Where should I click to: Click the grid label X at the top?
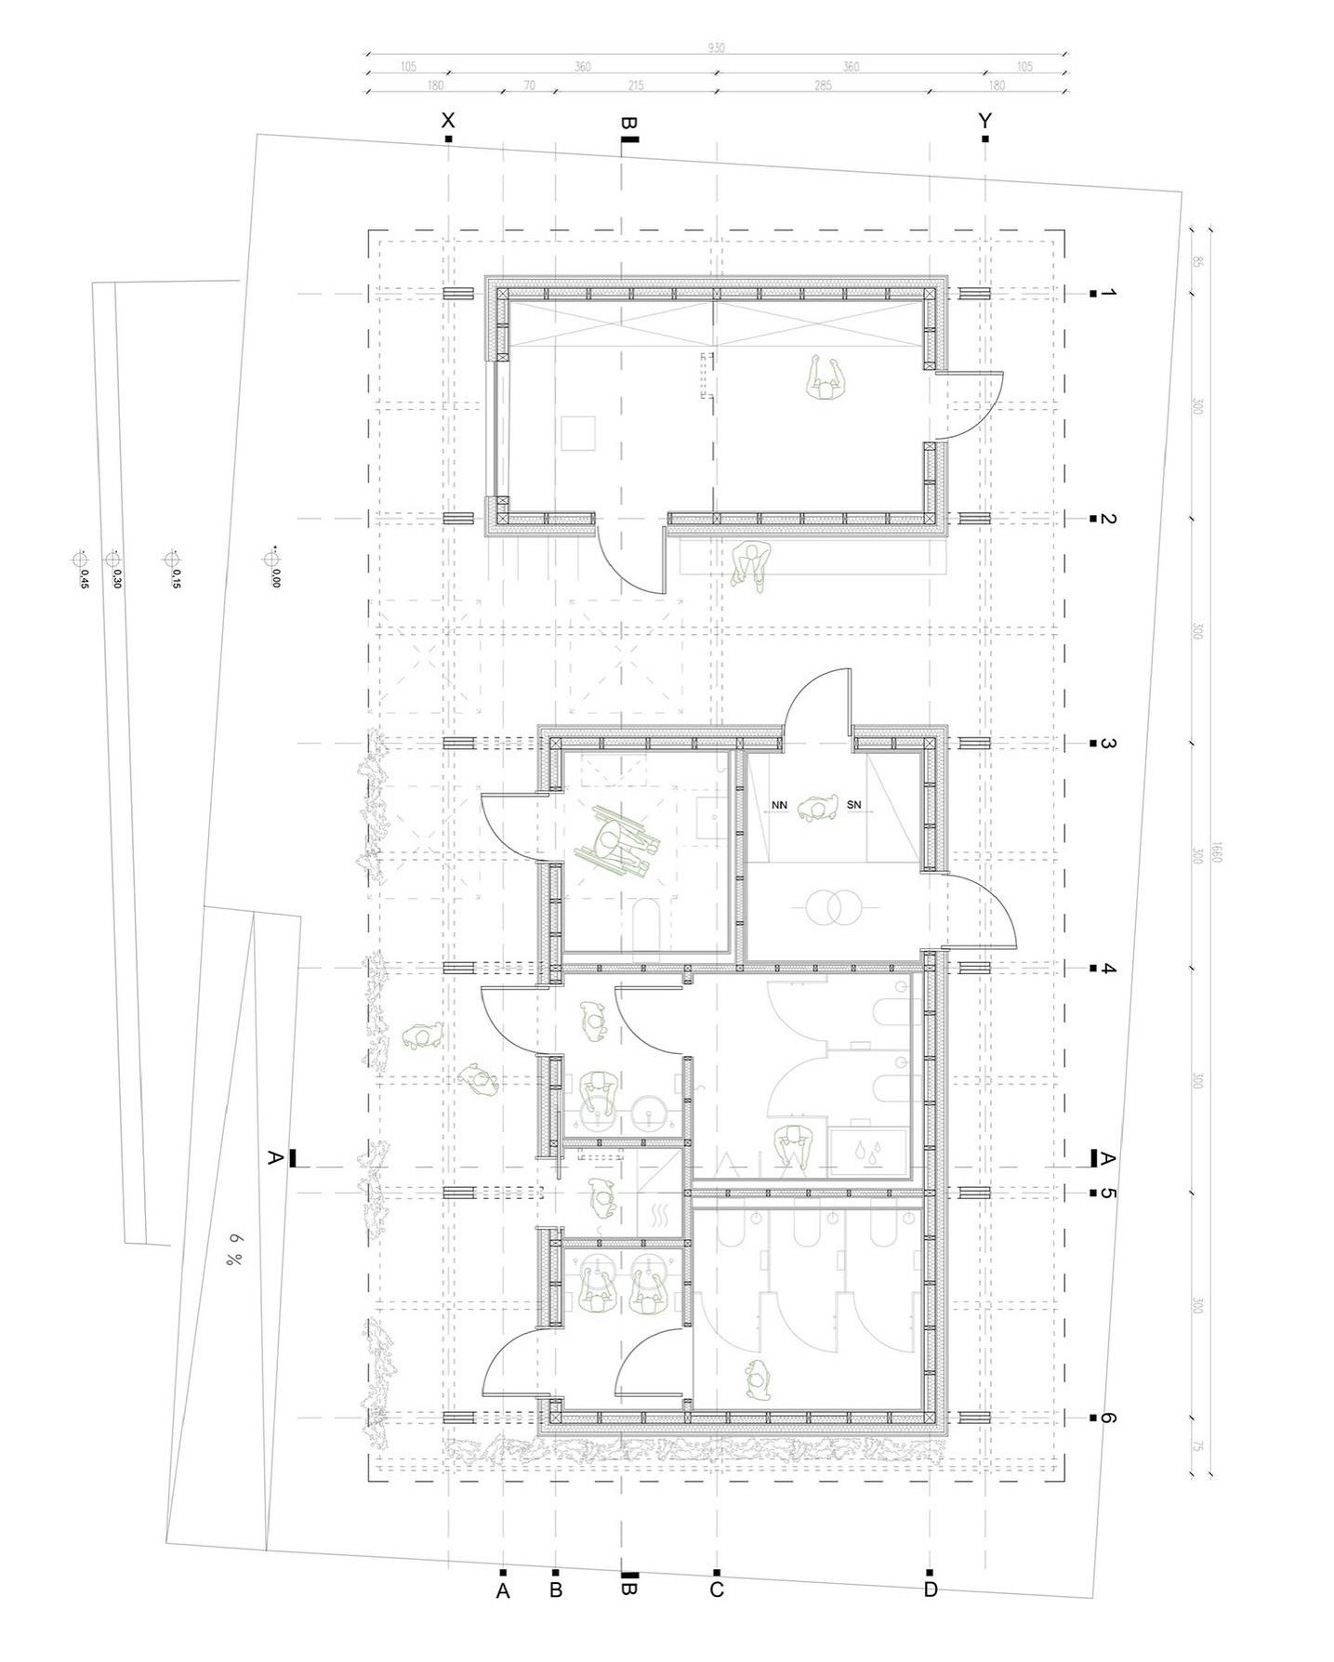click(448, 121)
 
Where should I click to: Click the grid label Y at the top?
click(984, 121)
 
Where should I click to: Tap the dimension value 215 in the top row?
click(636, 86)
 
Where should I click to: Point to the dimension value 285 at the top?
click(823, 86)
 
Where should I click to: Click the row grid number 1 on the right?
click(1107, 294)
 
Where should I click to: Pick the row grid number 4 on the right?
click(1107, 969)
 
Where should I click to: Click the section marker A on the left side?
click(274, 1158)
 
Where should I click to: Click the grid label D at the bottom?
click(931, 1590)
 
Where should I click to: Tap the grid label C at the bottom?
click(716, 1590)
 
